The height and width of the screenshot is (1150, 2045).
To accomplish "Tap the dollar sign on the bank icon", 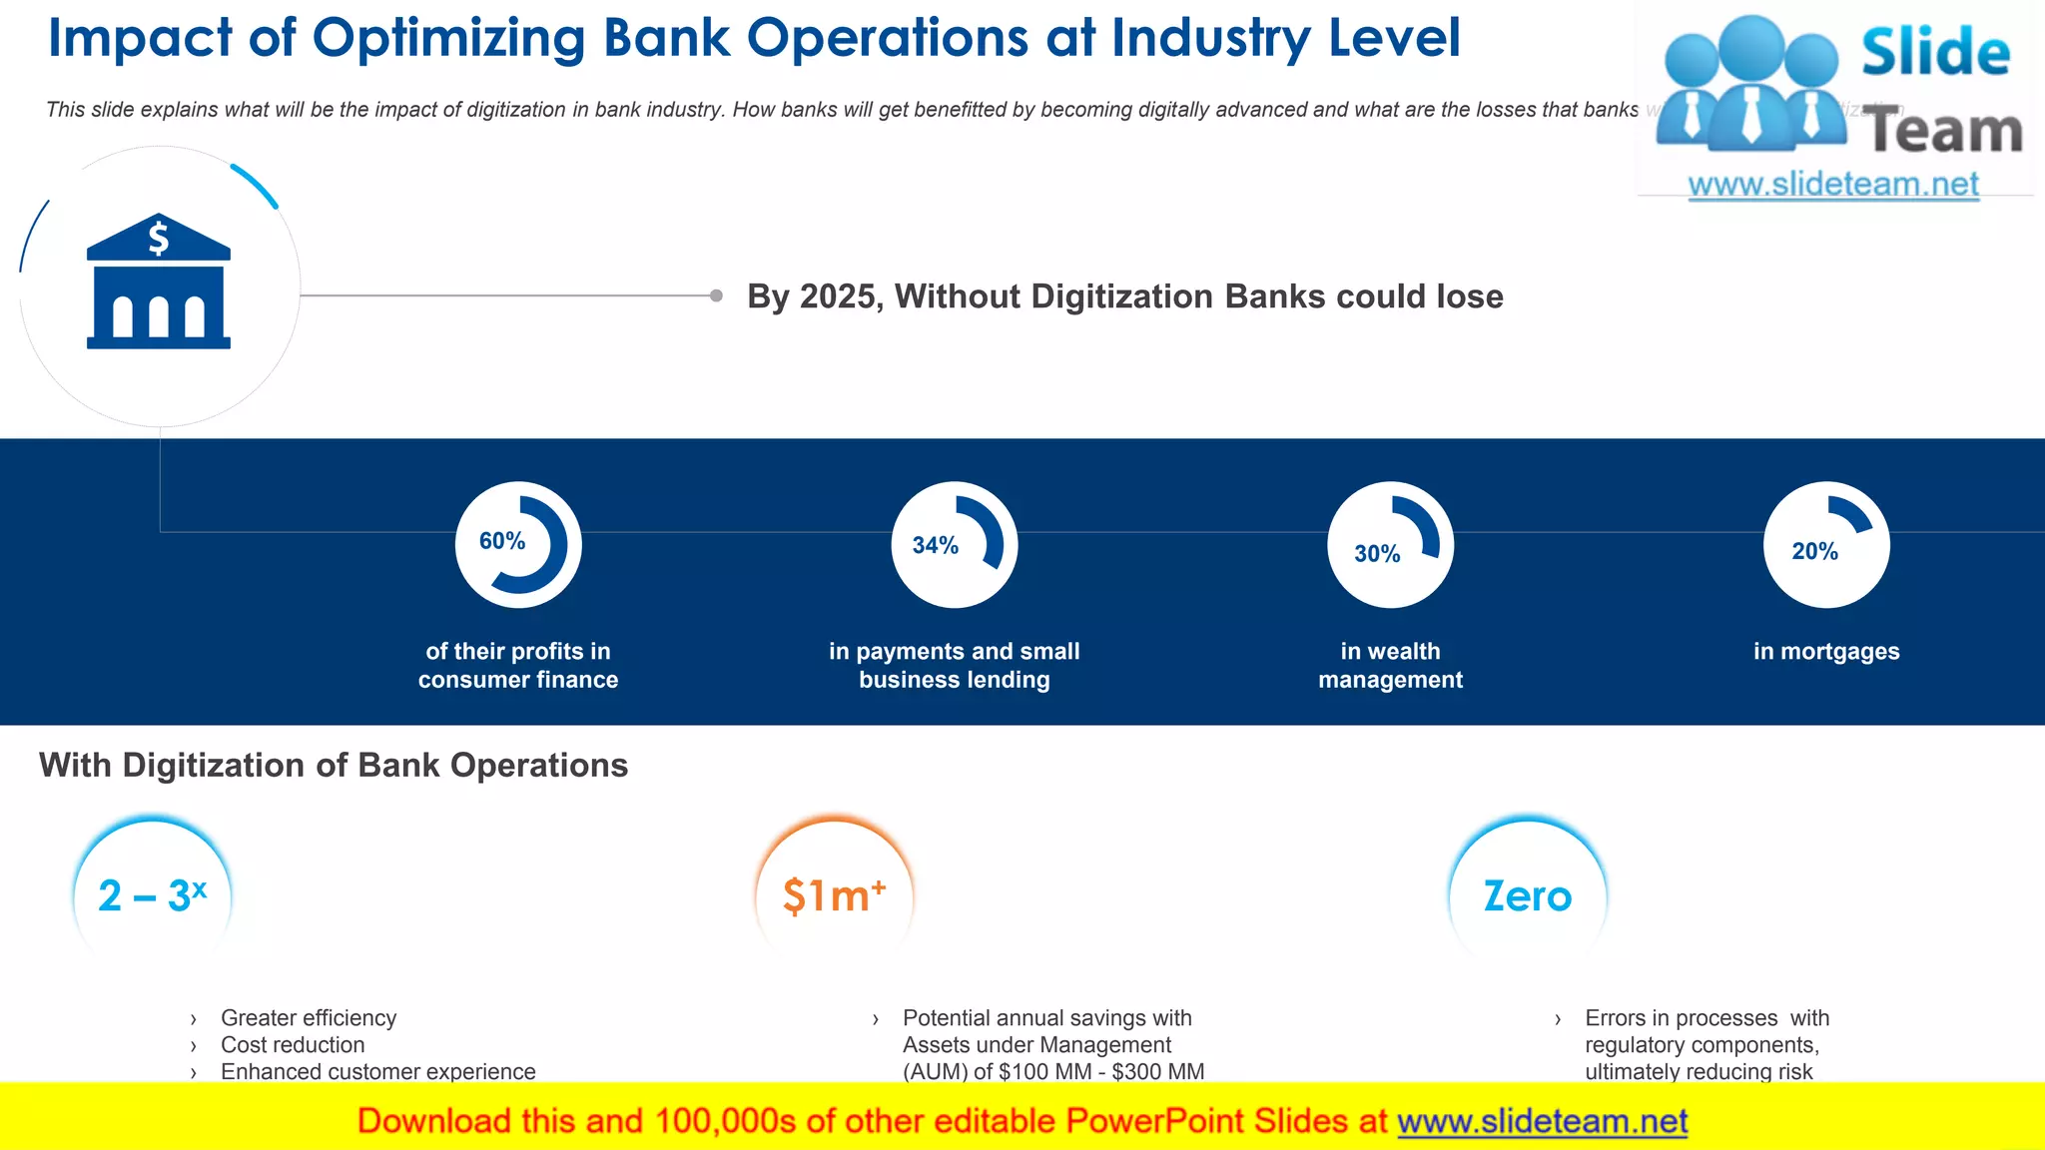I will [159, 239].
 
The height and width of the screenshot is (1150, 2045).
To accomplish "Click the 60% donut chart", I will [518, 545].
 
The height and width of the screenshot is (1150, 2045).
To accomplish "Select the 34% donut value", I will [936, 546].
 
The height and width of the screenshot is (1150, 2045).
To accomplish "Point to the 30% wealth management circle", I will [1390, 545].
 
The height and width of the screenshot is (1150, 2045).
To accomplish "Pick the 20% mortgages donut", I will [1826, 545].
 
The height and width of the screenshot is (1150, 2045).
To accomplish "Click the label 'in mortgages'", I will [1826, 652].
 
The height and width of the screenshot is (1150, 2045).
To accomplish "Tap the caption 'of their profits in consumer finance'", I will [518, 666].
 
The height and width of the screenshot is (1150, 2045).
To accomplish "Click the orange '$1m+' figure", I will [834, 895].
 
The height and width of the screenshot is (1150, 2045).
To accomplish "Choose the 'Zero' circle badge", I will [1527, 895].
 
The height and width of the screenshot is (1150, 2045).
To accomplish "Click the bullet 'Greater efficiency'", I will [309, 1018].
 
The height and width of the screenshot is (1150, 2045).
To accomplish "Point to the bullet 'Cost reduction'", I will [293, 1045].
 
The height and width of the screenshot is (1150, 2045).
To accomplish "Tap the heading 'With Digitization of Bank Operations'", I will [334, 766].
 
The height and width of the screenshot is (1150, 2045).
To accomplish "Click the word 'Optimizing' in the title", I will [448, 39].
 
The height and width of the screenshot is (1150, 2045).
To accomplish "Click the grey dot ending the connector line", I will [716, 295].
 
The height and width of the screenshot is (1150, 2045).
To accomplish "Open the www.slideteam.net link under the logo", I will [1833, 185].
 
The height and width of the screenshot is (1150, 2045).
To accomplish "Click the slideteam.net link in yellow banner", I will [1542, 1122].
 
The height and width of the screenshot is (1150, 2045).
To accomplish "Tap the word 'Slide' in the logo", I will [1934, 53].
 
